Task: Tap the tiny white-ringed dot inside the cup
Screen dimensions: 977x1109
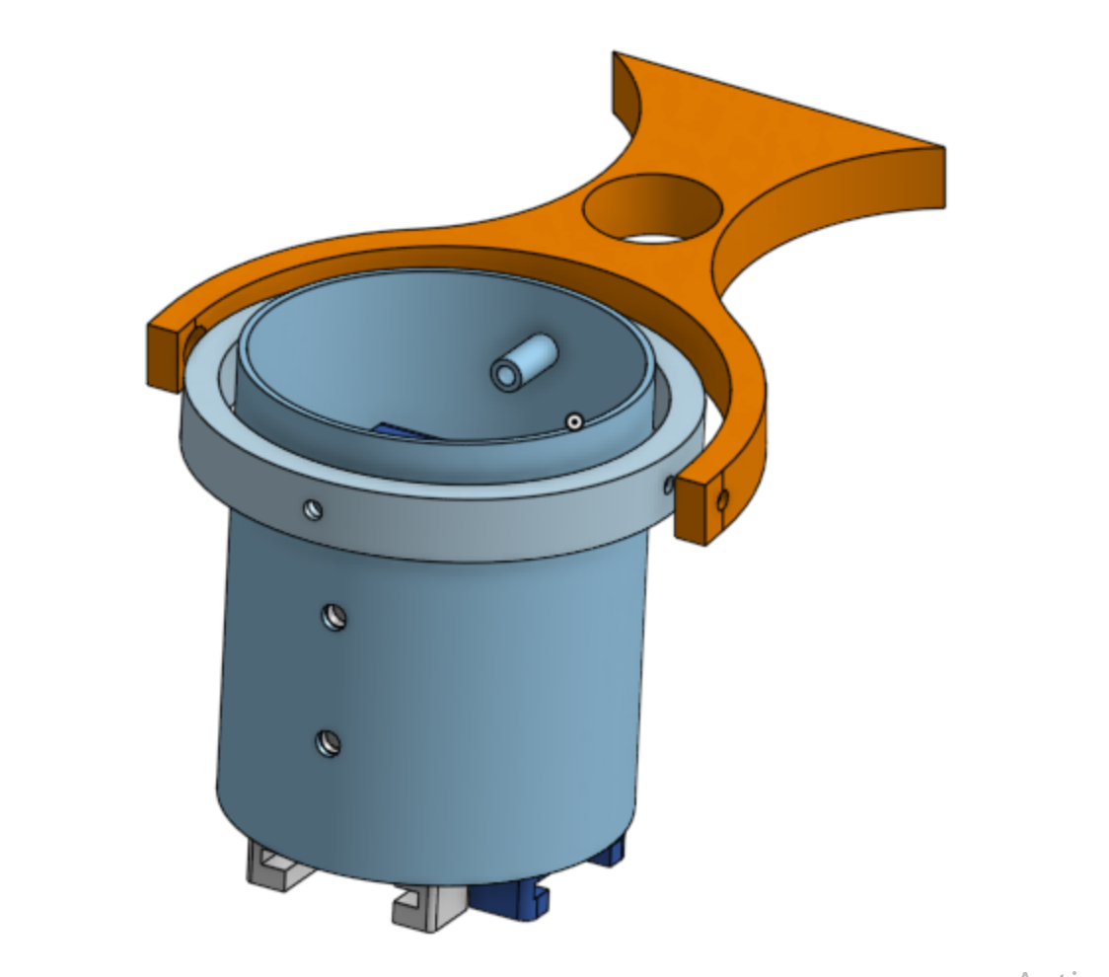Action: point(573,421)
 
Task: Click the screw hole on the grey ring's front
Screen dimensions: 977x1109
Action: point(313,509)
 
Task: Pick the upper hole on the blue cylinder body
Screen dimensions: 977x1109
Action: point(333,618)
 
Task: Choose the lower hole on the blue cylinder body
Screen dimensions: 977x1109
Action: point(328,742)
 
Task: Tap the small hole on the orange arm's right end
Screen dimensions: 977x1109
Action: point(722,500)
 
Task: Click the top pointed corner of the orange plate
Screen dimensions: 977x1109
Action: point(616,55)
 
